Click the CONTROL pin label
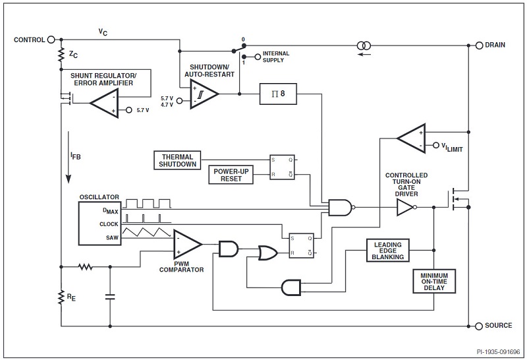(x=28, y=40)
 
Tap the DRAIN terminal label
(x=499, y=45)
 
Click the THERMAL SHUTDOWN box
(x=177, y=160)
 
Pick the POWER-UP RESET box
(x=231, y=175)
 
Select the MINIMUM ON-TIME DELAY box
(x=434, y=282)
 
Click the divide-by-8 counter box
(x=278, y=94)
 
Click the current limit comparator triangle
(x=411, y=137)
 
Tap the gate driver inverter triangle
(x=404, y=208)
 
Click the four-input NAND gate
(x=340, y=208)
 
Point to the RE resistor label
(x=71, y=297)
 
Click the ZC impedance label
(x=72, y=55)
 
